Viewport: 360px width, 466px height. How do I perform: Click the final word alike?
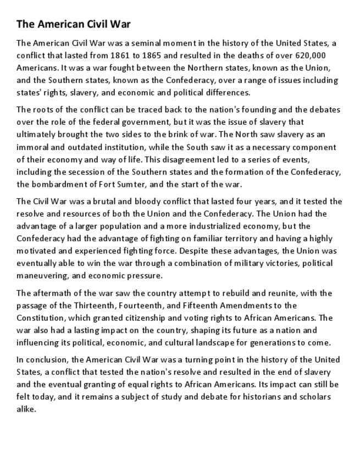click(x=26, y=409)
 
